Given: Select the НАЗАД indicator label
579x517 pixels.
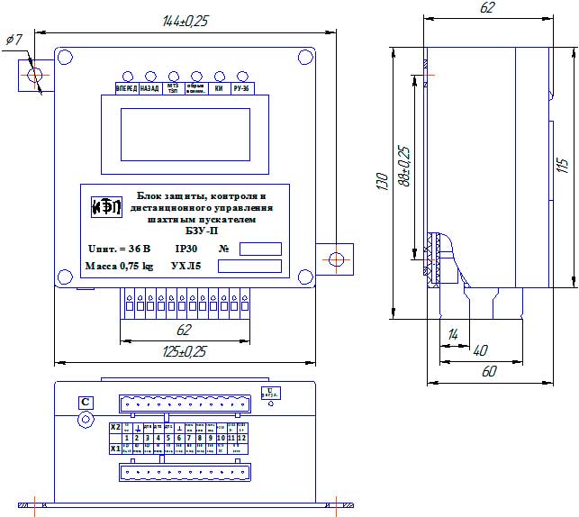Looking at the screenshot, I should coord(150,89).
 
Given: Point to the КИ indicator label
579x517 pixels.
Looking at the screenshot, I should coord(219,89).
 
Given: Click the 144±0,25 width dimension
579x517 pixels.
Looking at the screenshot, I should coord(183,21).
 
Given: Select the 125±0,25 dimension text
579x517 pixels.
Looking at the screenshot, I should coord(183,350).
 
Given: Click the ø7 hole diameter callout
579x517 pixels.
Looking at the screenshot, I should coord(14,41).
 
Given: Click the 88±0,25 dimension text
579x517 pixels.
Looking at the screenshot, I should coord(404,166).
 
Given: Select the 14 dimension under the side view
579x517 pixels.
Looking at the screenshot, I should coord(452,334).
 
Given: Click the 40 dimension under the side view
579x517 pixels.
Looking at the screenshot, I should coord(481,349).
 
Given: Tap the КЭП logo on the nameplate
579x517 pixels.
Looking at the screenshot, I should coord(104,206).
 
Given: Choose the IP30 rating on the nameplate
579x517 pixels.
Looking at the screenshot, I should coord(186,248).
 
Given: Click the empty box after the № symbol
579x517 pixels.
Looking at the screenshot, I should coord(260,249).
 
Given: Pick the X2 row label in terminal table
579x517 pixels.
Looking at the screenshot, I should coord(114,427).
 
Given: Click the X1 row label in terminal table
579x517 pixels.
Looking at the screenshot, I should coord(114,447).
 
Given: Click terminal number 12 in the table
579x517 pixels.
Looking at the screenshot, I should coord(242,438).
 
